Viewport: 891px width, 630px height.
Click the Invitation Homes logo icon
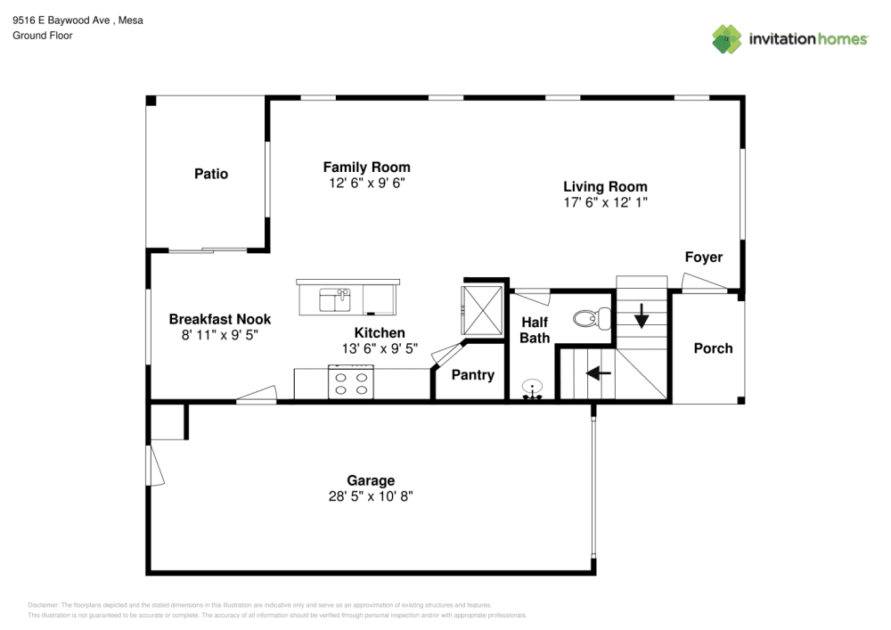pyautogui.click(x=726, y=38)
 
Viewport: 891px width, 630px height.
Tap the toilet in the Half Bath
pyautogui.click(x=591, y=317)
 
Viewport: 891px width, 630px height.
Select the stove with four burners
pyautogui.click(x=350, y=382)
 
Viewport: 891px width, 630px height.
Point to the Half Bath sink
pyautogui.click(x=532, y=389)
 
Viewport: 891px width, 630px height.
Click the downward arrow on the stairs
pyautogui.click(x=641, y=315)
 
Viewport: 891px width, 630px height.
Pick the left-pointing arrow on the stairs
pyautogui.click(x=599, y=373)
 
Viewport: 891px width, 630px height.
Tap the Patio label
pyautogui.click(x=211, y=174)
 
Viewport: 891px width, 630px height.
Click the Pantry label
pyautogui.click(x=472, y=375)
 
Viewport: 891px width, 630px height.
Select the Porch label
pyautogui.click(x=713, y=348)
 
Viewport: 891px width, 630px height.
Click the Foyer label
pyautogui.click(x=703, y=258)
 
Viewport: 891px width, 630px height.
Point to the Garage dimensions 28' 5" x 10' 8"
pyautogui.click(x=371, y=496)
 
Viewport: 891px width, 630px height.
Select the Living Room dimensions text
pyautogui.click(x=605, y=202)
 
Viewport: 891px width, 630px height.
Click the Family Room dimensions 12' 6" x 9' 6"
pyautogui.click(x=366, y=183)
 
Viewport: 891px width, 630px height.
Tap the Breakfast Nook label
pyautogui.click(x=220, y=319)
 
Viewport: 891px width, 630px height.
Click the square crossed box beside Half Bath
pyautogui.click(x=483, y=309)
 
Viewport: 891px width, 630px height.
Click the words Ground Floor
pyautogui.click(x=43, y=36)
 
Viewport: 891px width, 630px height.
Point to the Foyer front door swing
pyautogui.click(x=704, y=283)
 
